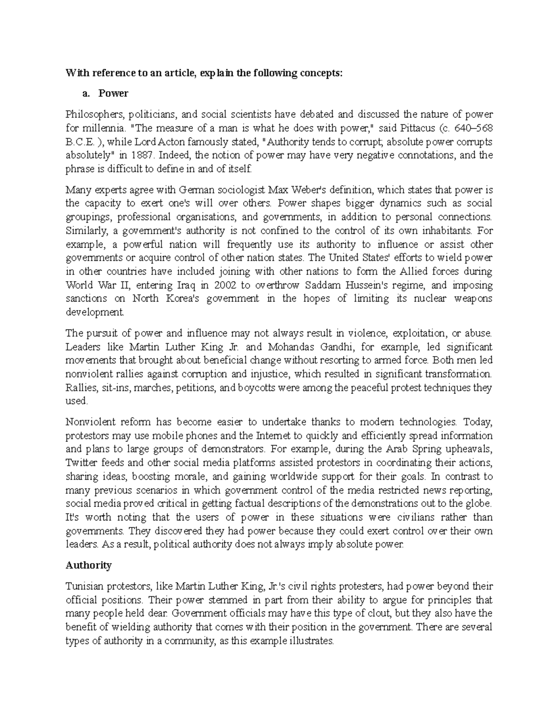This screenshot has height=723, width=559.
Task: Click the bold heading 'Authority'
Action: click(89, 565)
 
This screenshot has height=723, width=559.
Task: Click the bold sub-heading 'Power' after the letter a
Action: click(113, 93)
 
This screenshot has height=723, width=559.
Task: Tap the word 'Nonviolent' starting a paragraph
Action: click(87, 422)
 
